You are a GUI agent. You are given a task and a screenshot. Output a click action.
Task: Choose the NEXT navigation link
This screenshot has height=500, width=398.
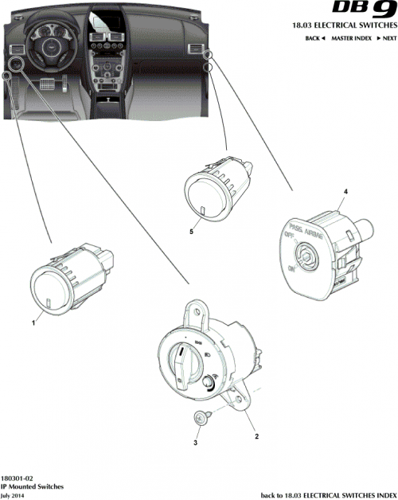point(386,38)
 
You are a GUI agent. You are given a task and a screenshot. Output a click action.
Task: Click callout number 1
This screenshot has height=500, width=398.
point(33,323)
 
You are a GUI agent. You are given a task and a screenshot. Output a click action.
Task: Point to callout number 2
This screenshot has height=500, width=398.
point(257,436)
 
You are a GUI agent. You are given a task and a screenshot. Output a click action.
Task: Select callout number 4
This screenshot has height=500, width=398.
point(345,193)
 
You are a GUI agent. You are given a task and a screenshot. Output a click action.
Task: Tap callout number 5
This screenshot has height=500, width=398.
point(191,232)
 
